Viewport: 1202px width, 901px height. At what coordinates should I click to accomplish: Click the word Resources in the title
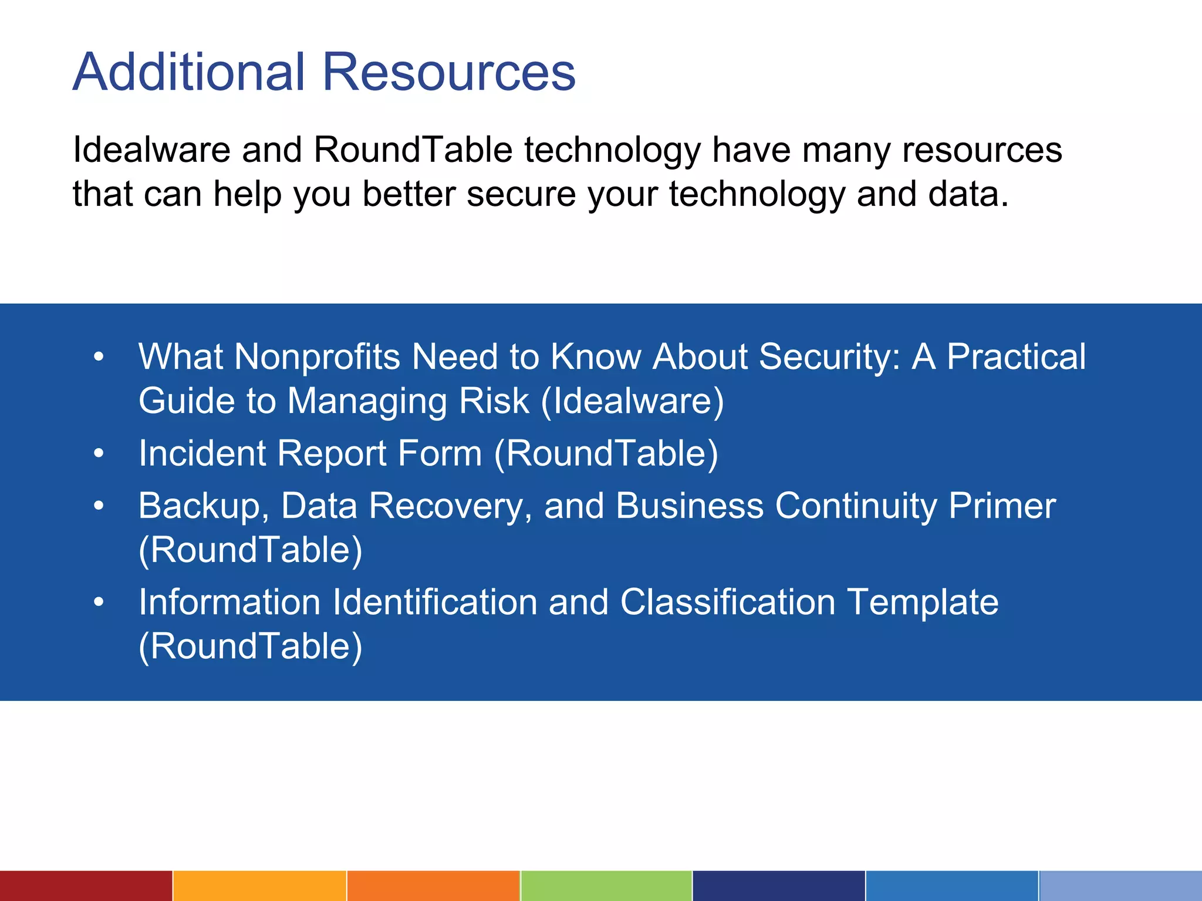[x=449, y=72]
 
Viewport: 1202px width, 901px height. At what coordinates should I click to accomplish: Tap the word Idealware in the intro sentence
[x=151, y=150]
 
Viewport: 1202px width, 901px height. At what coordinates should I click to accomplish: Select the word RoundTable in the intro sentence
[x=413, y=150]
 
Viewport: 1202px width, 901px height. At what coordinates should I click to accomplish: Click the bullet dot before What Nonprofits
[x=99, y=356]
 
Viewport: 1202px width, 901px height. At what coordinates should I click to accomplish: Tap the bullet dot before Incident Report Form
[x=99, y=453]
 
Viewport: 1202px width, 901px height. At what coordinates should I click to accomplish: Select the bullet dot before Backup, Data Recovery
[x=99, y=505]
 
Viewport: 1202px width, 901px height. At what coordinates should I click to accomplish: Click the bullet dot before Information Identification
[x=99, y=602]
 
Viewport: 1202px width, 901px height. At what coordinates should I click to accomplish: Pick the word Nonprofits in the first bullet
[x=317, y=357]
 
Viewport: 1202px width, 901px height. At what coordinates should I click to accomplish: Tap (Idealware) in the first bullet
[x=632, y=401]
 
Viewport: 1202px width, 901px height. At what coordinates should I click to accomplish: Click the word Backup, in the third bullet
[x=203, y=506]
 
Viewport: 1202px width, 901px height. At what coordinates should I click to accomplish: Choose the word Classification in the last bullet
[x=728, y=602]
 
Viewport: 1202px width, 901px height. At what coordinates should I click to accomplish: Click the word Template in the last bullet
[x=923, y=603]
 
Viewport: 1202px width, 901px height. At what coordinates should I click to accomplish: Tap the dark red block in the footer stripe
[x=86, y=886]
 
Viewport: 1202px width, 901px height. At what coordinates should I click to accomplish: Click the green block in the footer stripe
[x=606, y=886]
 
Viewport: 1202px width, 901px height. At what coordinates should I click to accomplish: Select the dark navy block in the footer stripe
[x=778, y=886]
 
